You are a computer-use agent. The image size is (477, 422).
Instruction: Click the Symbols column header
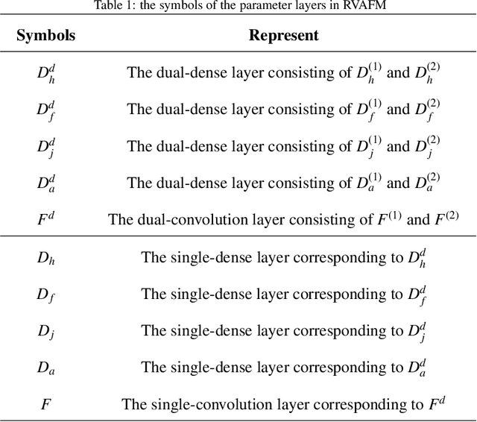47,35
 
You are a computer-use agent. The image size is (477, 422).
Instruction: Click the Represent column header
283,35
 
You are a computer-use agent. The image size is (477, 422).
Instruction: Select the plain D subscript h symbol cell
46,259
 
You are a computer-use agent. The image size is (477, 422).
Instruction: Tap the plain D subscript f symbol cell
46,295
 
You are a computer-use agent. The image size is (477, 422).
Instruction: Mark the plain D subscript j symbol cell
46,332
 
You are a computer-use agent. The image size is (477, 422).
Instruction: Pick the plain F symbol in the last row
45,404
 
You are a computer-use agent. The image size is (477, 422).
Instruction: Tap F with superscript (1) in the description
382,218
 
